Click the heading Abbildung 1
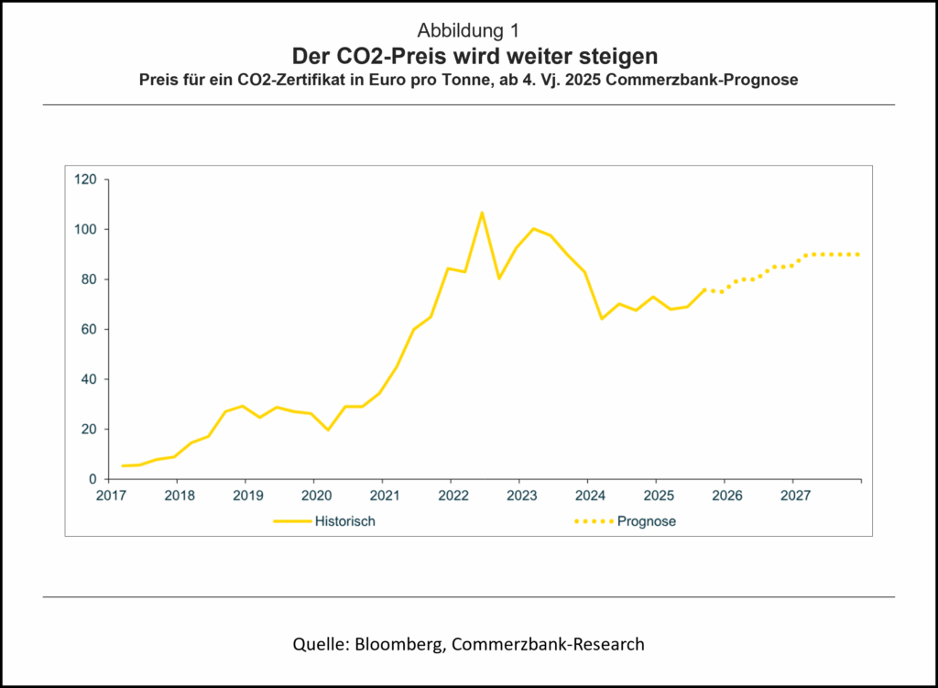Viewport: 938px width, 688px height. click(468, 29)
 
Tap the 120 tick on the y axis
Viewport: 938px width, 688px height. click(85, 180)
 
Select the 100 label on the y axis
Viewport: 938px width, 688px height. click(85, 229)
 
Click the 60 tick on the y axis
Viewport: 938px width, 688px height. click(89, 329)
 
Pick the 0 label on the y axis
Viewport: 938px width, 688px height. click(93, 479)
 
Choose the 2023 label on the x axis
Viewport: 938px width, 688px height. click(518, 497)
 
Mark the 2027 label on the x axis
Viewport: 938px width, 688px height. click(793, 497)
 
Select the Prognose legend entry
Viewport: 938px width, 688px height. click(648, 521)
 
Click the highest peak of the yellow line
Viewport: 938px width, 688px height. click(482, 213)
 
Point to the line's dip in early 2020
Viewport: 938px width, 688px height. click(328, 429)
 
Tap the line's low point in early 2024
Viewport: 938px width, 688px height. click(602, 319)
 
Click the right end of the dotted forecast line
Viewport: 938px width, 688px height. click(858, 254)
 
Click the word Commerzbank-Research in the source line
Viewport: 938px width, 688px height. click(550, 644)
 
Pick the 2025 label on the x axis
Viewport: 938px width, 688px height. click(656, 497)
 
